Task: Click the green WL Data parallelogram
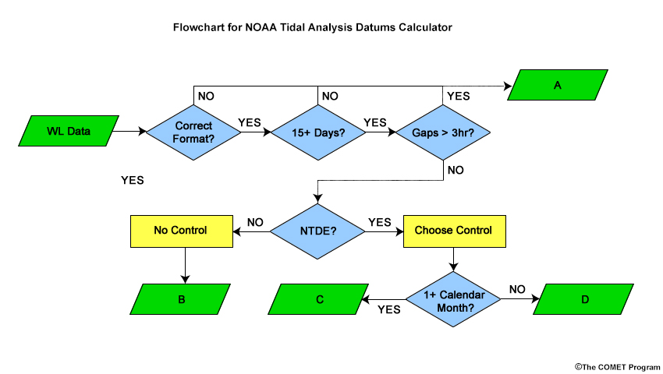click(x=69, y=131)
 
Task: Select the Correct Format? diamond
click(x=193, y=132)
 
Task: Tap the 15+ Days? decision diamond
click(x=318, y=132)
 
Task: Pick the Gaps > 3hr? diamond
click(x=443, y=132)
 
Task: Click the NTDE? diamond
click(x=317, y=231)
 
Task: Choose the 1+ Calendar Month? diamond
click(x=454, y=299)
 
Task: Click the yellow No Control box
click(x=182, y=231)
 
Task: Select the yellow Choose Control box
click(x=455, y=231)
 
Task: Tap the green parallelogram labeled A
click(x=558, y=85)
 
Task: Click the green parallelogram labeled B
click(x=180, y=299)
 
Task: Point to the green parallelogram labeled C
click(x=318, y=299)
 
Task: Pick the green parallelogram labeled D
click(x=583, y=299)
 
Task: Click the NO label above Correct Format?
click(x=206, y=96)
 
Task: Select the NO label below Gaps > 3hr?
click(x=456, y=170)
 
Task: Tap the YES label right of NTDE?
click(x=380, y=222)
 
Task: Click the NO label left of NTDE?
click(x=255, y=222)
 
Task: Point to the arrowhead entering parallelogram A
click(x=509, y=86)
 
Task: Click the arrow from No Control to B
click(x=185, y=266)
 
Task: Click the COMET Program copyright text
click(x=617, y=367)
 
